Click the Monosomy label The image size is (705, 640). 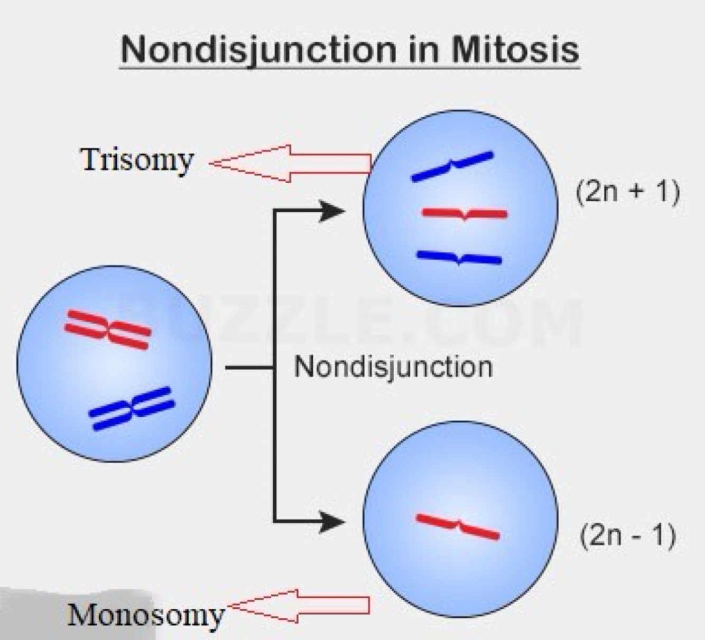point(146,615)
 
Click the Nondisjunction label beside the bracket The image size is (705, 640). point(393,366)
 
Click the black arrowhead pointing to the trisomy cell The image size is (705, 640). point(333,211)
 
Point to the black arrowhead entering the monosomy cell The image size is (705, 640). point(333,522)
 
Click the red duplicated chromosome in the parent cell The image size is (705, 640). point(108,330)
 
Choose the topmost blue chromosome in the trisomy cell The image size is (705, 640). point(452,166)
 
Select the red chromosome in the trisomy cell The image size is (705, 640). point(464,214)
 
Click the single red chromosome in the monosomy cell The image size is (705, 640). point(458,526)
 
